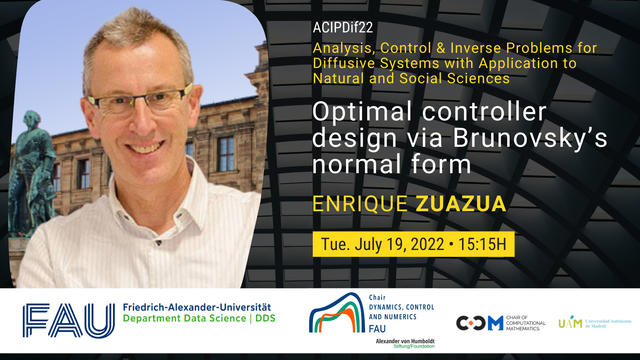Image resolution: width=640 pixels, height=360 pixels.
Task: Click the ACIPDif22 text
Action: point(343,28)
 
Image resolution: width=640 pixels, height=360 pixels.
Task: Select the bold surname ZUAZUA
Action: point(461,204)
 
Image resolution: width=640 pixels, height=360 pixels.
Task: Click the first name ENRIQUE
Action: point(360,204)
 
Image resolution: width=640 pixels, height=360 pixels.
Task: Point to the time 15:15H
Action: point(482,244)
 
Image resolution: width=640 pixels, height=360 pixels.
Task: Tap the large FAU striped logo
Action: point(68,320)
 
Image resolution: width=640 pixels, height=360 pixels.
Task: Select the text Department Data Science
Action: point(184,318)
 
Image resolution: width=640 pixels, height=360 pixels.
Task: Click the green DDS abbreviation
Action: point(265,318)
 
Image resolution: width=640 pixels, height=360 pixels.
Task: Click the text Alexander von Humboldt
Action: point(405,341)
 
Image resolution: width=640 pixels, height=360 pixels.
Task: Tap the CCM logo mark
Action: point(480,323)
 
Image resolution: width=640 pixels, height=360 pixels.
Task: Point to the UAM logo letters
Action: point(570,322)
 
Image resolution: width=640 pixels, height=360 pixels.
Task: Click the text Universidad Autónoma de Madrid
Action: point(608,324)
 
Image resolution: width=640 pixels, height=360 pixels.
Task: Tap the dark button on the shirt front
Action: point(158,243)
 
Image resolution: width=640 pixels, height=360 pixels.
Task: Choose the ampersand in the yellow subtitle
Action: point(441,48)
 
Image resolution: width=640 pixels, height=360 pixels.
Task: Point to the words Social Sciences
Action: point(454,78)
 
